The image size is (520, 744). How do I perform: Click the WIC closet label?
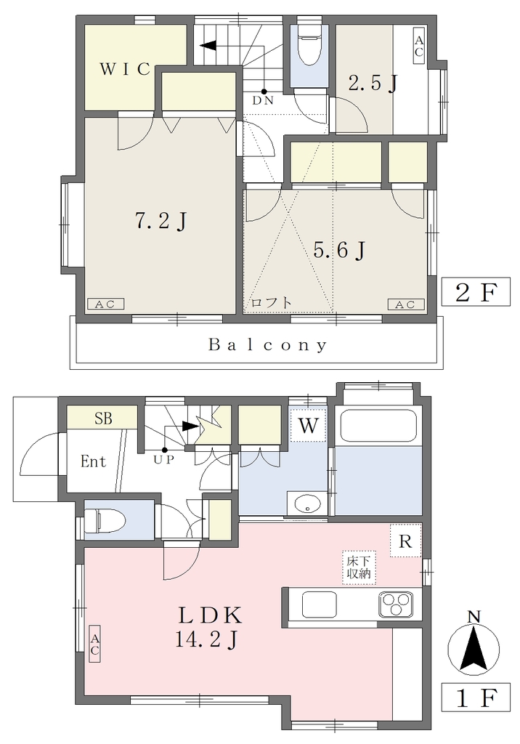[125, 69]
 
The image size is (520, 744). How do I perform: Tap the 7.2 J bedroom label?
[161, 221]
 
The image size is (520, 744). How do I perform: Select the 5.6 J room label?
[338, 250]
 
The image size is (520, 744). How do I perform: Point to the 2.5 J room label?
[373, 84]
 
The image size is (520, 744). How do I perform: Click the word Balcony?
[267, 345]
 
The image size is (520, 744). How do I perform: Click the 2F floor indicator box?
[476, 292]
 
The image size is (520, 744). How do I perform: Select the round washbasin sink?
[308, 504]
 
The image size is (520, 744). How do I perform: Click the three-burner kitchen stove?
[395, 604]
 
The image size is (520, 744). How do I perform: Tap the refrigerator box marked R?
[406, 541]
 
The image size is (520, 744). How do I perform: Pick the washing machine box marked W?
[308, 424]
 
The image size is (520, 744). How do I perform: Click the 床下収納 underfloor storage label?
[359, 567]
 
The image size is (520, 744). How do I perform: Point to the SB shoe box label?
[103, 418]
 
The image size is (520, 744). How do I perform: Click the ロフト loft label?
[271, 303]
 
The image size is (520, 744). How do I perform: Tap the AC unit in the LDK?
[94, 643]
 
